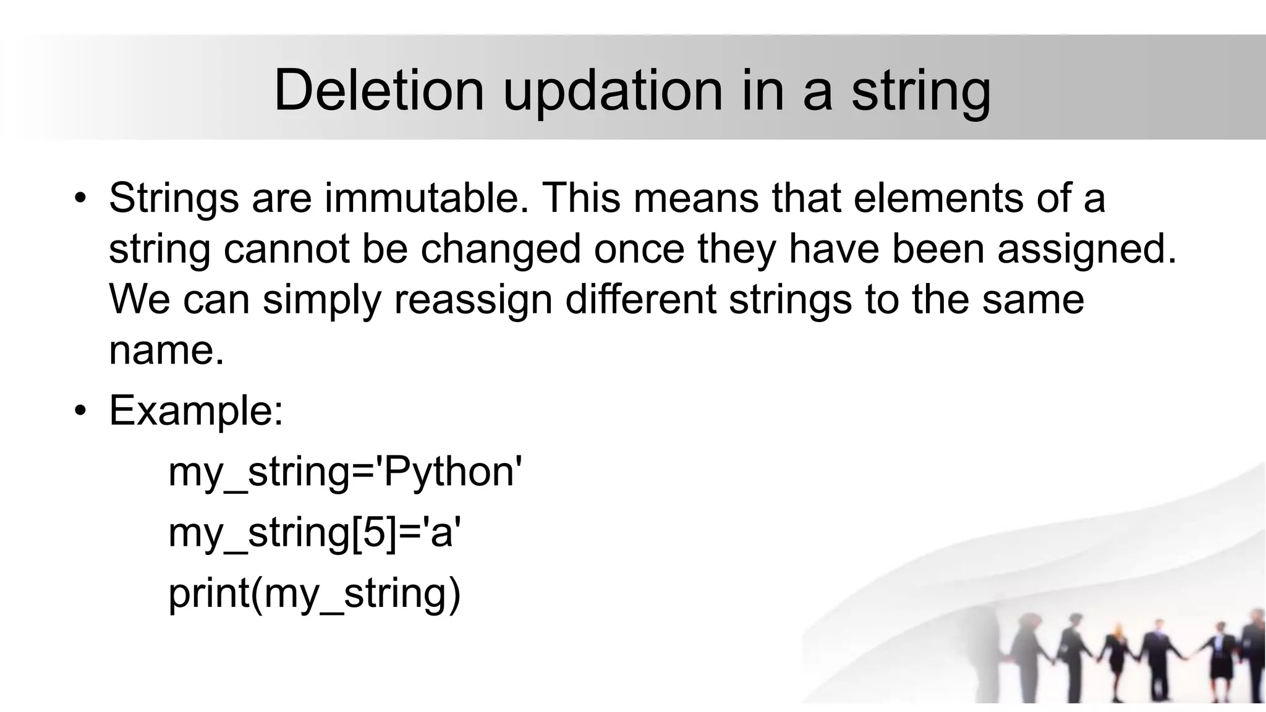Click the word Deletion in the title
click(378, 91)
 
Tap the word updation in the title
click(612, 91)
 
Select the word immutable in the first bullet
click(427, 199)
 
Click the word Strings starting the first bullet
click(174, 199)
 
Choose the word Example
click(195, 411)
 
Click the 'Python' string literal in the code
click(450, 473)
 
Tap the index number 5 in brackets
click(374, 533)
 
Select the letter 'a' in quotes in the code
click(441, 533)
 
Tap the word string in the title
click(920, 91)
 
